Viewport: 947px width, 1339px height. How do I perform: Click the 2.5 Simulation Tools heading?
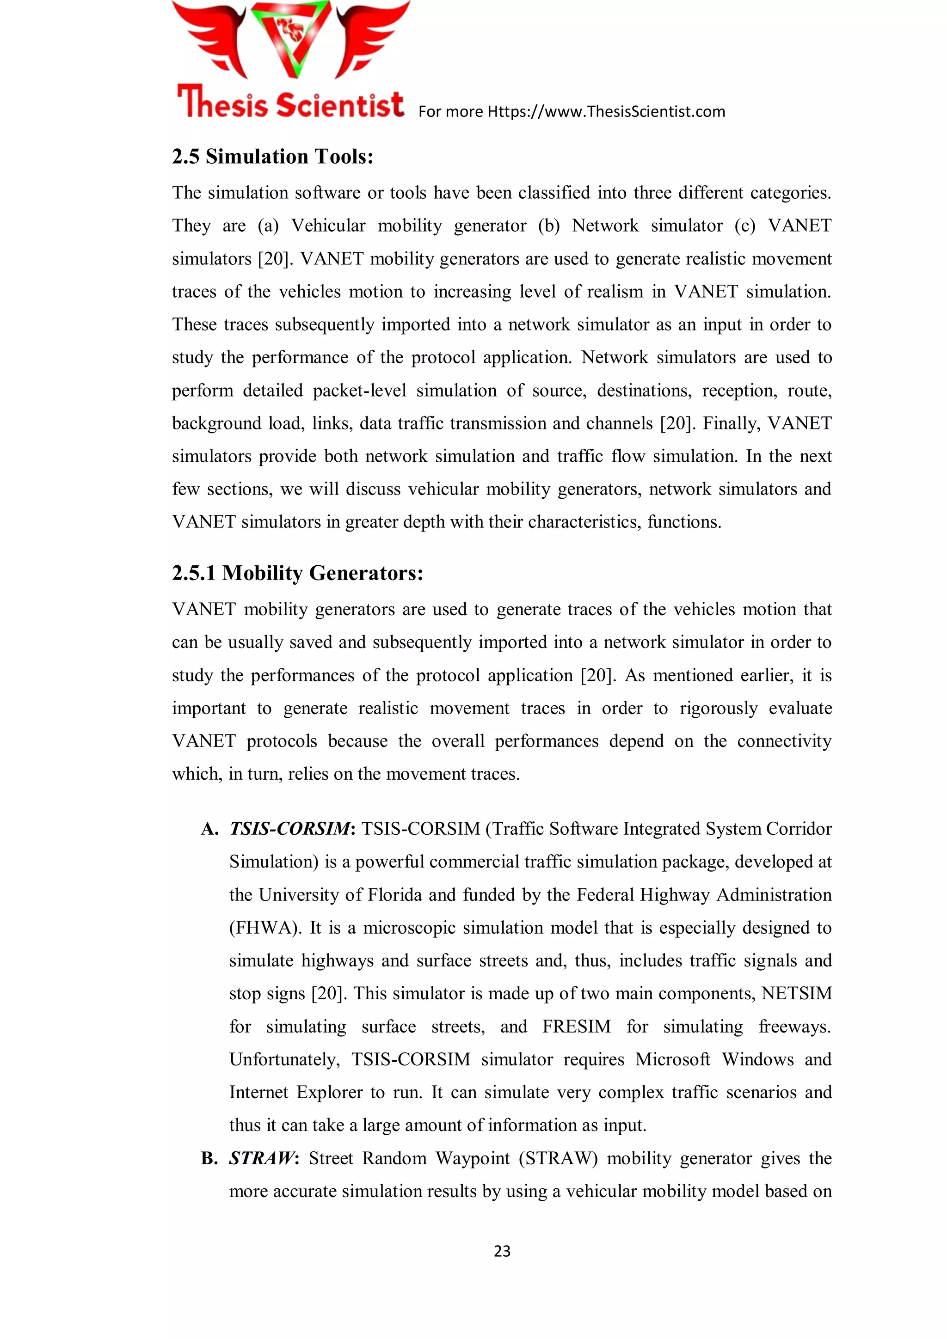point(272,157)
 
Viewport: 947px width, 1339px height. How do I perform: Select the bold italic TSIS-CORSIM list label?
point(290,829)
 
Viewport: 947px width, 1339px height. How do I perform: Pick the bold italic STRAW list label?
point(262,1158)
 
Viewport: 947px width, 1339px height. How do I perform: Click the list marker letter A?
point(208,829)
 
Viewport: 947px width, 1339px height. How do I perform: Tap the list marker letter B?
point(208,1159)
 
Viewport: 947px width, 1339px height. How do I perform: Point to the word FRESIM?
point(577,1027)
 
